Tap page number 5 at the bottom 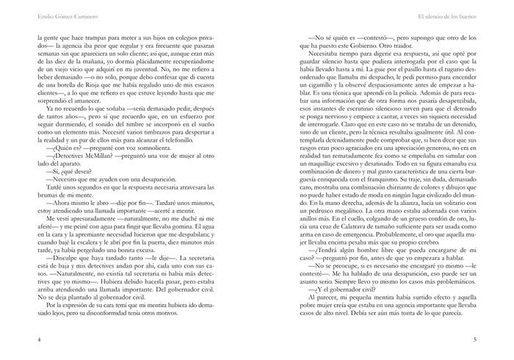pos(476,340)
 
